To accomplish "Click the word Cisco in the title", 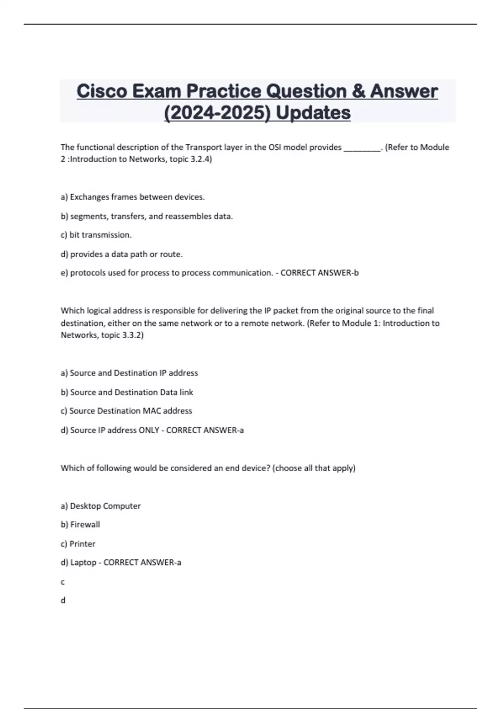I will click(101, 91).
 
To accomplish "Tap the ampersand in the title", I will click(358, 91).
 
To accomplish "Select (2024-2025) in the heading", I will click(216, 113).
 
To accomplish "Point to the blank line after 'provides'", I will click(362, 148).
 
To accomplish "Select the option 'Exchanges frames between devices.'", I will click(133, 197).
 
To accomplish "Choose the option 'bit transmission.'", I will click(96, 235).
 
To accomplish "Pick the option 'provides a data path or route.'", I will click(121, 254).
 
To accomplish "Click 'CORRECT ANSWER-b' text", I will click(319, 273).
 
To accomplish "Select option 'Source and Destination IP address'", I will click(129, 373).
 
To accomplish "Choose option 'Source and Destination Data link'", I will click(127, 392).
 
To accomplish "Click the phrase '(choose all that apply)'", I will click(314, 468).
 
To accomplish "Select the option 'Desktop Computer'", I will click(101, 506).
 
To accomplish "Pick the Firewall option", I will click(81, 525).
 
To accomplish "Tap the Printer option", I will click(78, 544).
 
